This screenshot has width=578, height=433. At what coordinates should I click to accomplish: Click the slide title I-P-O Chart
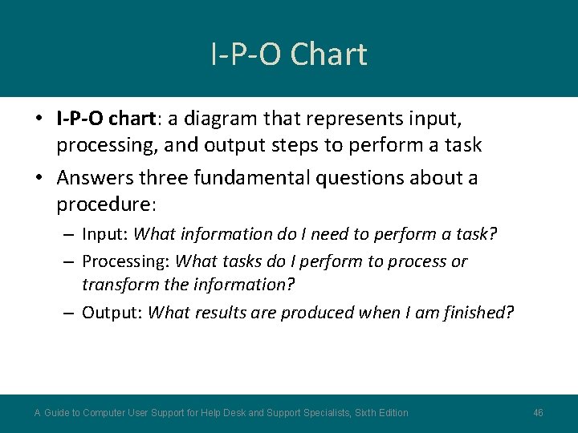[x=289, y=55]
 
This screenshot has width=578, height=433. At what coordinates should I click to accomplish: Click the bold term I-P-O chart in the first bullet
[x=106, y=119]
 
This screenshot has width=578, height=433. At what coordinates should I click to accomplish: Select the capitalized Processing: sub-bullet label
[x=125, y=261]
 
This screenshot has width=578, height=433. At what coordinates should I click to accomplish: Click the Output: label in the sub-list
[x=112, y=312]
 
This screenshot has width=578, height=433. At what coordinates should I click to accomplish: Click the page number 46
[x=538, y=413]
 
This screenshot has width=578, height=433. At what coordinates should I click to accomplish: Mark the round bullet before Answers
[x=39, y=178]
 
